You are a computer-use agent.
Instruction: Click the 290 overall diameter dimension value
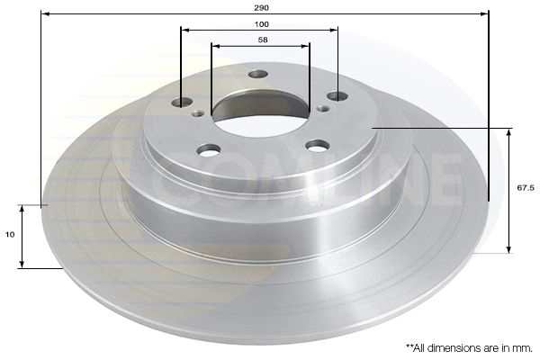[261, 5]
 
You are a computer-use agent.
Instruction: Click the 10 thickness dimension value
[9, 235]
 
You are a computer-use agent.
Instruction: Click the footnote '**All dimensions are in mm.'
[468, 346]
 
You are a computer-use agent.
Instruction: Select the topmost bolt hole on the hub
[258, 75]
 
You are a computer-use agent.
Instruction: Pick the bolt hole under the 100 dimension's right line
[336, 95]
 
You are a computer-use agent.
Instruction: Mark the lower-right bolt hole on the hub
[317, 145]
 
